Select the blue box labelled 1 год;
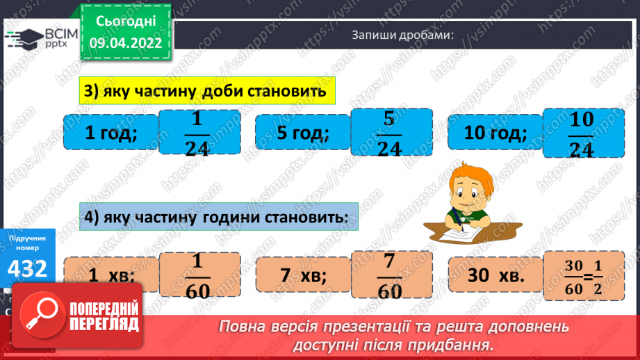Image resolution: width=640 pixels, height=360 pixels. (x=110, y=131)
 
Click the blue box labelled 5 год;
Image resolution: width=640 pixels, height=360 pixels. (x=302, y=132)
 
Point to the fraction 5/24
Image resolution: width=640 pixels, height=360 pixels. (x=390, y=132)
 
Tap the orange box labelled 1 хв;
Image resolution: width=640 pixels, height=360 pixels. (x=110, y=275)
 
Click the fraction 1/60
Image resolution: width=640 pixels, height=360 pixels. (x=198, y=276)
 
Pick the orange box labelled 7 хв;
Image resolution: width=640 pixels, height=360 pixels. (x=302, y=275)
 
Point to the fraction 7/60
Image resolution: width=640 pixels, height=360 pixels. (x=390, y=276)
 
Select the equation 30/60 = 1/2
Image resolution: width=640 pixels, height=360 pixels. (x=581, y=275)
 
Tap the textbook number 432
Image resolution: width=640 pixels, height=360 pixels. (x=28, y=268)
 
